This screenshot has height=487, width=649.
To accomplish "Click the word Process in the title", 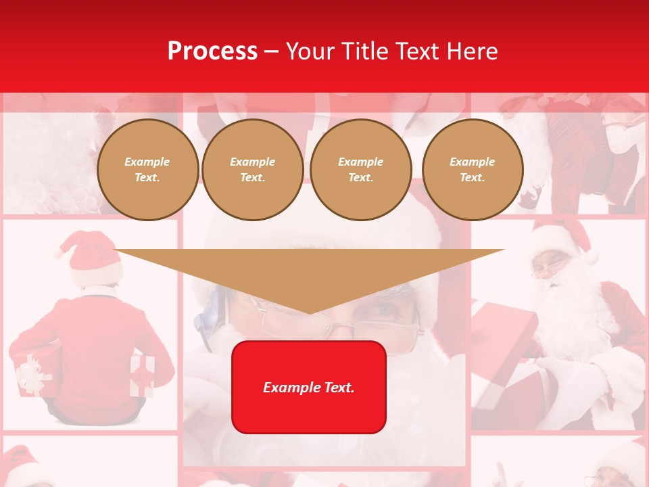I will coord(212,51).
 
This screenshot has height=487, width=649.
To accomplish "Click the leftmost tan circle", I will coord(147,170).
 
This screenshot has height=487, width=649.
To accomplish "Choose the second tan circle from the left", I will coord(253,170).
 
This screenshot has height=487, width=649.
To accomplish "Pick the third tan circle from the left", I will coord(361,170).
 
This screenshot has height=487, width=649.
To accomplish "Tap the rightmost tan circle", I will coord(473,170).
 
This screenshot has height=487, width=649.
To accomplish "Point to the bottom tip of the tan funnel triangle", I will coord(310,312).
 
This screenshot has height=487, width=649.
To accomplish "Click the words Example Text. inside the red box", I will coord(309,388).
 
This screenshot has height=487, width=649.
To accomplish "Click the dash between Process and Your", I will coord(272,51).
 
